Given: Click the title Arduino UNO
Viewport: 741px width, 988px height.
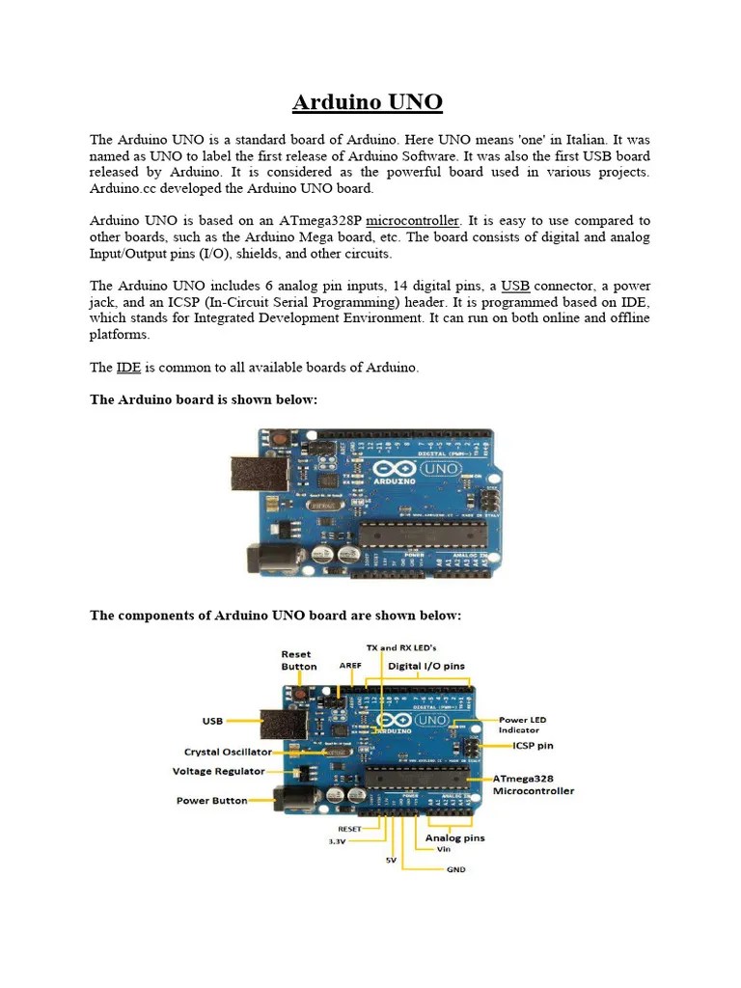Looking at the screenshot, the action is tap(368, 102).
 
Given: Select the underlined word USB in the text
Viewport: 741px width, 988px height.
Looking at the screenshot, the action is tap(515, 286).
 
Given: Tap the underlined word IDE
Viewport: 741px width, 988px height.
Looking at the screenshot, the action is tap(128, 368).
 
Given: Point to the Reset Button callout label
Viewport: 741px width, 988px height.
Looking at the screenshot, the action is tap(298, 660).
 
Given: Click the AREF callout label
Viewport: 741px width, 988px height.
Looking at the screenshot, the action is tap(349, 666).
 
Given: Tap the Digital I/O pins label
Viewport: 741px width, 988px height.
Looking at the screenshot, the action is tap(425, 666).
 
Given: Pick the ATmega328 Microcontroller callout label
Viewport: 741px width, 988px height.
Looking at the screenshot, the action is tap(533, 783).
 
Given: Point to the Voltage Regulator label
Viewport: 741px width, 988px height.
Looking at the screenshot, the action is tap(218, 772).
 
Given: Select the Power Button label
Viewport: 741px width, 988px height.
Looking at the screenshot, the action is tap(211, 801).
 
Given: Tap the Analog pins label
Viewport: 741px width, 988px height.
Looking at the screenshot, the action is tap(455, 837).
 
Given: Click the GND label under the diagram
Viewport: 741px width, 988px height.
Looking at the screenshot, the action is tap(455, 869).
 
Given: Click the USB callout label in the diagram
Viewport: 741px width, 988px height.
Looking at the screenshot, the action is tap(212, 720).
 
